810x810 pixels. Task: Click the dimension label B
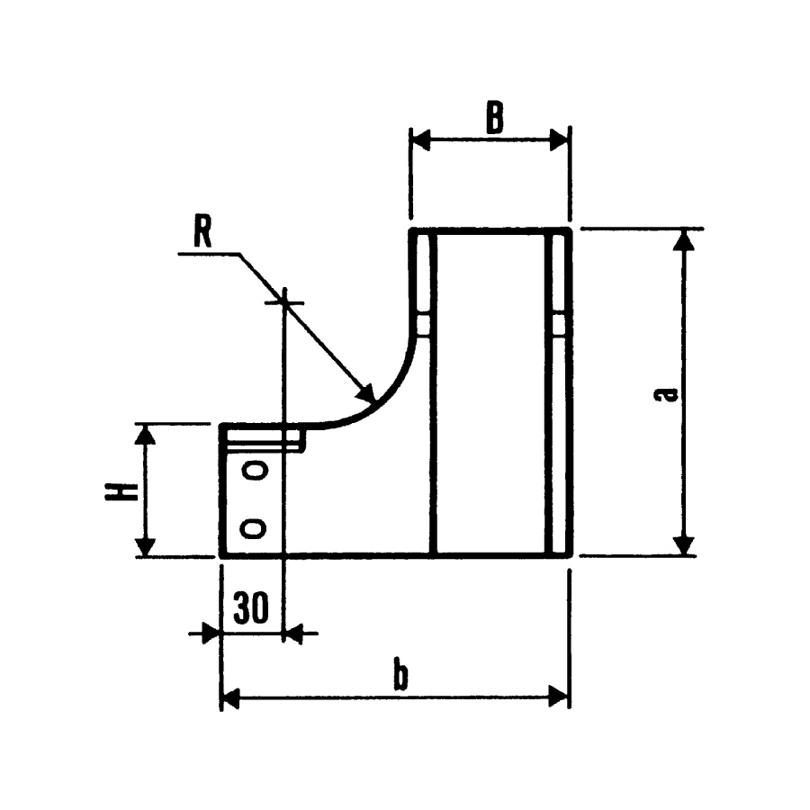[493, 118]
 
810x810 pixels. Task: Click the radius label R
[202, 233]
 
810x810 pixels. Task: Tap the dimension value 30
[251, 609]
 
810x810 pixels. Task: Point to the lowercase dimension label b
[401, 675]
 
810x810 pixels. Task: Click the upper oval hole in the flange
[256, 470]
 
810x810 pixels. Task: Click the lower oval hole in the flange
[256, 527]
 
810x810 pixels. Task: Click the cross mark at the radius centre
[283, 302]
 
